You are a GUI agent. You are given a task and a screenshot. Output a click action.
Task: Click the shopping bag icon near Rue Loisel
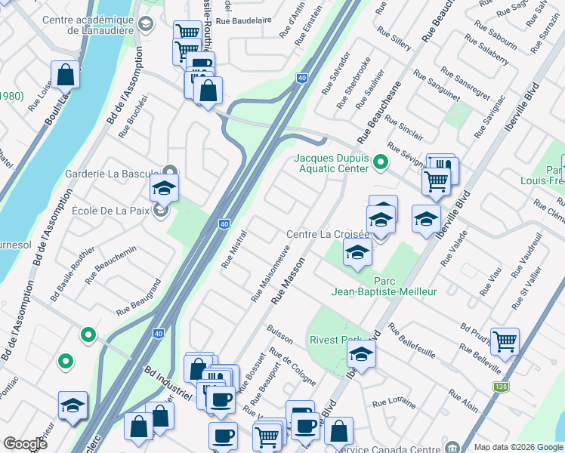pos(66,75)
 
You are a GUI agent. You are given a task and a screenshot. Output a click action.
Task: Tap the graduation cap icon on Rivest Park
pos(362,353)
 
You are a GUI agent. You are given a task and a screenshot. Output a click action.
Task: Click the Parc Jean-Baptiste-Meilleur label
pos(384,285)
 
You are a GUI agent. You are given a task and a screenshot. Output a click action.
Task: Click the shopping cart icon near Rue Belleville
pos(504,341)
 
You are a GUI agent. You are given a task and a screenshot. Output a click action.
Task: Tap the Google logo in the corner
pos(25,444)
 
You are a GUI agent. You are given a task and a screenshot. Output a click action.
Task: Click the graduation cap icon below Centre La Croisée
pos(357,254)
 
